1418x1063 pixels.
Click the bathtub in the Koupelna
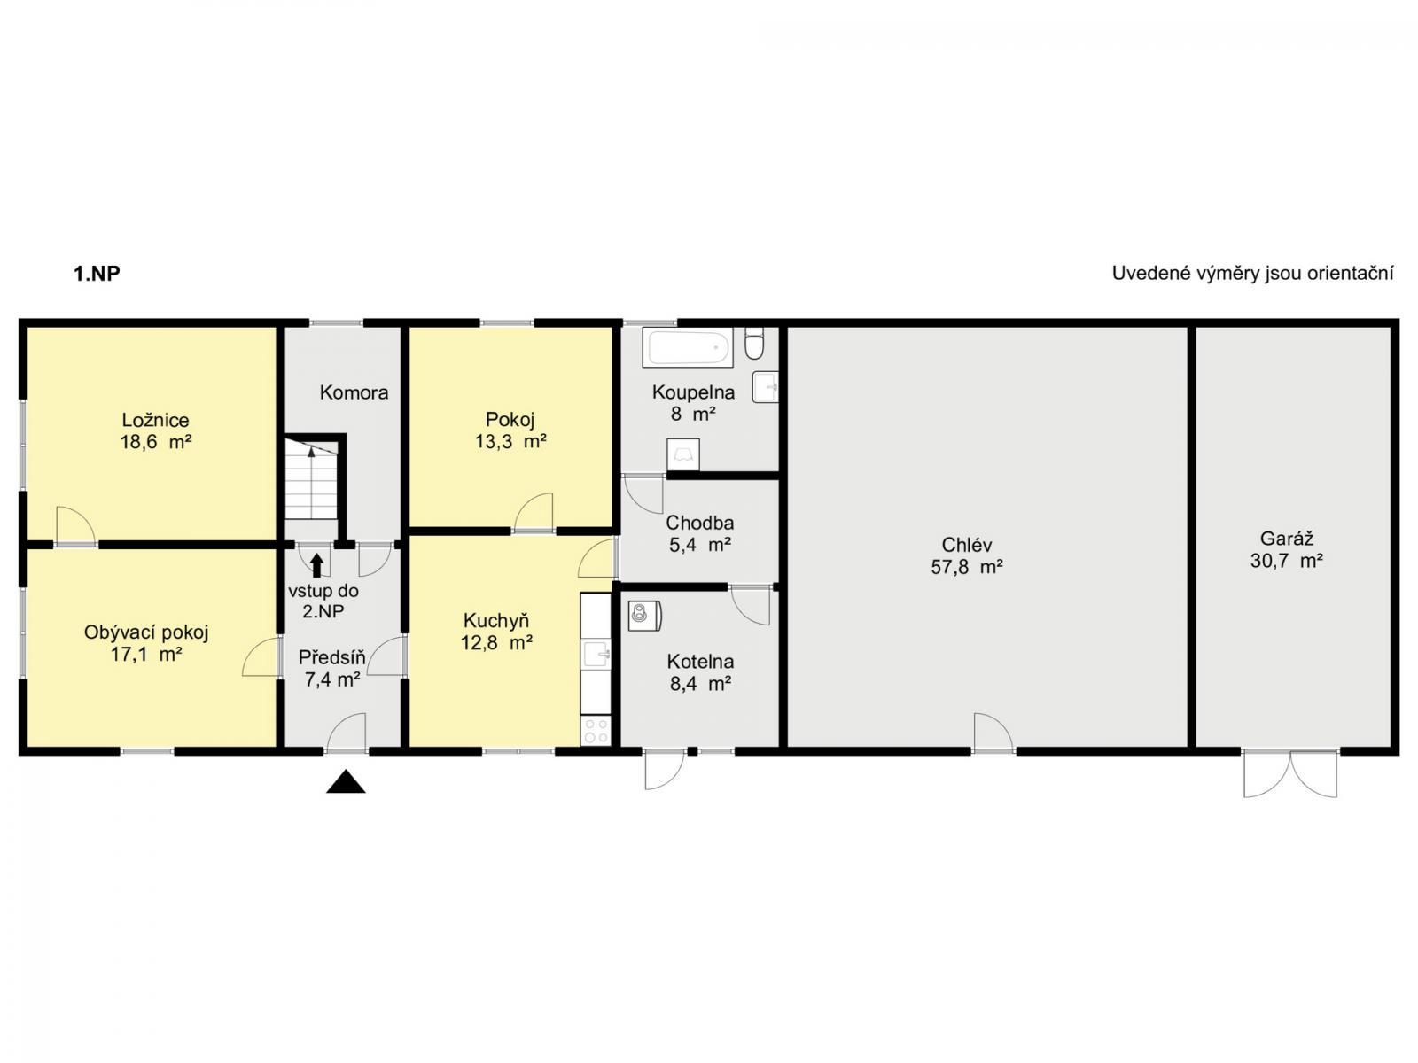pyautogui.click(x=688, y=347)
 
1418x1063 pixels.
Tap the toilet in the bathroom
pyautogui.click(x=754, y=344)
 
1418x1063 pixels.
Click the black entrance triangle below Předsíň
pyautogui.click(x=346, y=781)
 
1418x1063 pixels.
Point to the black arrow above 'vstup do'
pyautogui.click(x=316, y=565)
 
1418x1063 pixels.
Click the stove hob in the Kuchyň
pyautogui.click(x=595, y=731)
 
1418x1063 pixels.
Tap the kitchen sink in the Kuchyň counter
pyautogui.click(x=596, y=655)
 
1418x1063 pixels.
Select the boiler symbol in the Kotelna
pyautogui.click(x=644, y=615)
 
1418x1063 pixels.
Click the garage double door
pyautogui.click(x=1290, y=774)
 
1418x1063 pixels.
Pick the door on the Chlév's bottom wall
pyautogui.click(x=993, y=732)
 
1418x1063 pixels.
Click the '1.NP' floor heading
pyautogui.click(x=97, y=274)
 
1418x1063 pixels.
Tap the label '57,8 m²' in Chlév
pyautogui.click(x=966, y=567)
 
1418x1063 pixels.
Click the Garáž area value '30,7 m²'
pyautogui.click(x=1286, y=560)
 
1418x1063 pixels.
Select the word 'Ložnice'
pyautogui.click(x=156, y=420)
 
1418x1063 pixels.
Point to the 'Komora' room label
pyautogui.click(x=354, y=392)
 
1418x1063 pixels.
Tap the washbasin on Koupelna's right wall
pyautogui.click(x=766, y=387)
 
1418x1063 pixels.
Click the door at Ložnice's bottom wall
pyautogui.click(x=76, y=526)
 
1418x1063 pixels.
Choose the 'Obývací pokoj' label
pyautogui.click(x=146, y=632)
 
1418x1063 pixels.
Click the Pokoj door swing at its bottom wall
pyautogui.click(x=534, y=512)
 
